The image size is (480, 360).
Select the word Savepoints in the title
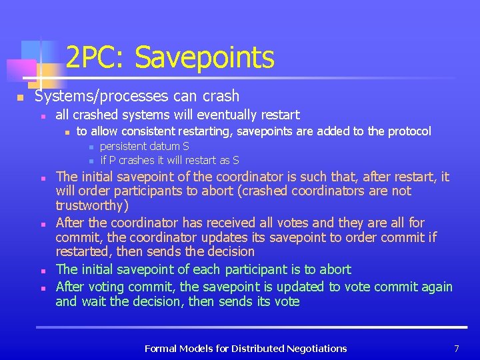coord(204,58)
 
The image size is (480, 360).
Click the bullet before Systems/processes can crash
coord(21,98)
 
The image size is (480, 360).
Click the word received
coord(210,223)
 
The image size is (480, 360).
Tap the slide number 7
coord(457,348)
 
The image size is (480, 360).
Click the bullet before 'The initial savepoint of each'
coord(42,271)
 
